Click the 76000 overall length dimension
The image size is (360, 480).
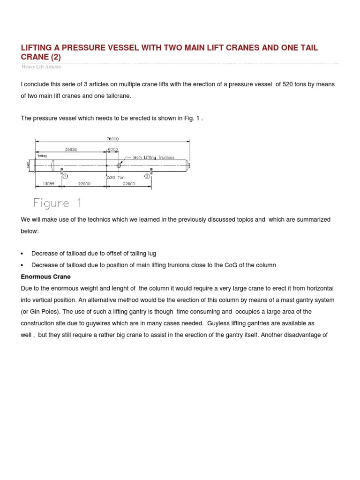point(112,139)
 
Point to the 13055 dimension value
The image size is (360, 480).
point(49,184)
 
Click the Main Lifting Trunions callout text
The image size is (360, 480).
point(154,157)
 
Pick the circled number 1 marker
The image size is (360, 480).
point(65,176)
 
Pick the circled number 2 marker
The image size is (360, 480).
point(147,176)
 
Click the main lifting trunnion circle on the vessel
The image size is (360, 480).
point(119,165)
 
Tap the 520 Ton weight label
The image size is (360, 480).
point(116,178)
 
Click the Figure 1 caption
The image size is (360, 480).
point(58,203)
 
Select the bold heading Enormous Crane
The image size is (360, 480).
point(46,277)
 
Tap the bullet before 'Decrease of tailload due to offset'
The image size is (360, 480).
point(22,254)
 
